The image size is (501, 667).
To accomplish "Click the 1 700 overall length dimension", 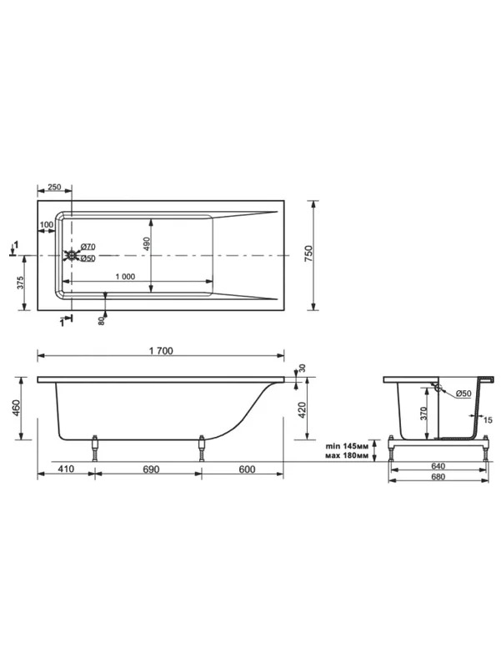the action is [x=161, y=350].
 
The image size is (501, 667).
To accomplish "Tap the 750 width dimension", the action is [x=309, y=253].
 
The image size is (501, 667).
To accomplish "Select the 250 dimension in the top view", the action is [x=54, y=187].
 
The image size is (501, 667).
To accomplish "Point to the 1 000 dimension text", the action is [x=126, y=277].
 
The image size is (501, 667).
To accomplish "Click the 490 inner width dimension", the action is [x=147, y=243].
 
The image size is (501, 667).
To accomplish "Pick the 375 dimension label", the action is [x=20, y=283].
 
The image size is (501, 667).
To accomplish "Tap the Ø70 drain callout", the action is [x=88, y=247].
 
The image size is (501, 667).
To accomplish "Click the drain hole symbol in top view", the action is [x=72, y=255].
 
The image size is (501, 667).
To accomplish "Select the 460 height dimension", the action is [x=17, y=408].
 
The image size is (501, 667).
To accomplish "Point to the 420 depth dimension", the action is [x=302, y=410].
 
